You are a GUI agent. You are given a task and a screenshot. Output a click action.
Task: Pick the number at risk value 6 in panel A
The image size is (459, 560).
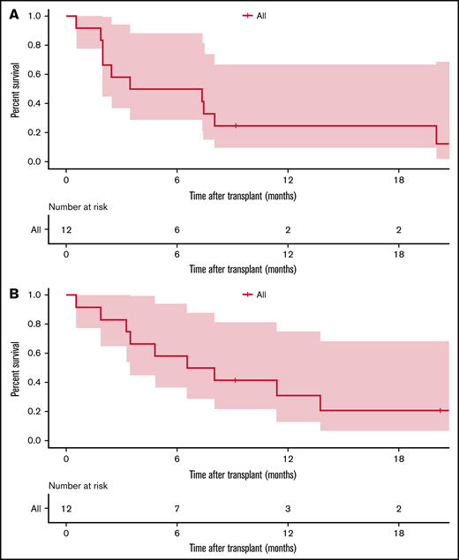pyautogui.click(x=177, y=228)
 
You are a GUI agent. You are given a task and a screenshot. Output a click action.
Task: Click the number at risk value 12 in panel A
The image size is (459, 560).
pyautogui.click(x=66, y=228)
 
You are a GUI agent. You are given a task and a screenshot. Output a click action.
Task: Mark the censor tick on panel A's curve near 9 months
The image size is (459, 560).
pyautogui.click(x=236, y=126)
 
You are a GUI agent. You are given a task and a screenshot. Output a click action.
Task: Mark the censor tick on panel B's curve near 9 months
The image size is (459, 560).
pyautogui.click(x=236, y=380)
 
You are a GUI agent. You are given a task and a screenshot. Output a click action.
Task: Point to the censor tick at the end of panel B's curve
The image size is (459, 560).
pyautogui.click(x=440, y=410)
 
